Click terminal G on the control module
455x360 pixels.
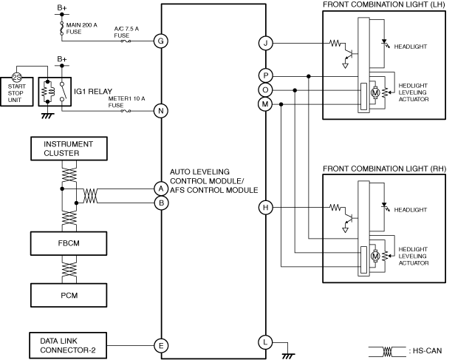click(x=161, y=41)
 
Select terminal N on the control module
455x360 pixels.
click(x=161, y=111)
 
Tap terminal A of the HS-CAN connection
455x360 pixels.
click(x=161, y=189)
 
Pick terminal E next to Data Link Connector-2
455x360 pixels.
click(x=161, y=345)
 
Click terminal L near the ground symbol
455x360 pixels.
click(x=265, y=342)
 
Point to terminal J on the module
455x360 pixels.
click(x=265, y=43)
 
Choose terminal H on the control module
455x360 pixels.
click(x=265, y=207)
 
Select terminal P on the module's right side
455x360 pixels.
click(x=265, y=75)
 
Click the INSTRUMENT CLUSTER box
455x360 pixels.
click(x=69, y=149)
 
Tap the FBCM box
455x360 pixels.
click(x=69, y=243)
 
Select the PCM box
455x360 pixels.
click(x=69, y=295)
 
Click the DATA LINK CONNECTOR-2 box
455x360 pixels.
click(x=68, y=345)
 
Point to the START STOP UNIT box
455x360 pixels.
click(x=16, y=92)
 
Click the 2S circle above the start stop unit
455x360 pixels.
click(x=17, y=78)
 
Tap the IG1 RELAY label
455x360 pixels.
click(x=93, y=92)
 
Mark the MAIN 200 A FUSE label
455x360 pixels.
click(x=81, y=28)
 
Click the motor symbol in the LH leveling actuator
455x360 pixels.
click(x=375, y=92)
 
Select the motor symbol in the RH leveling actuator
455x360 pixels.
click(x=375, y=256)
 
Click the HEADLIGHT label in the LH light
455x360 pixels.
click(x=411, y=47)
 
